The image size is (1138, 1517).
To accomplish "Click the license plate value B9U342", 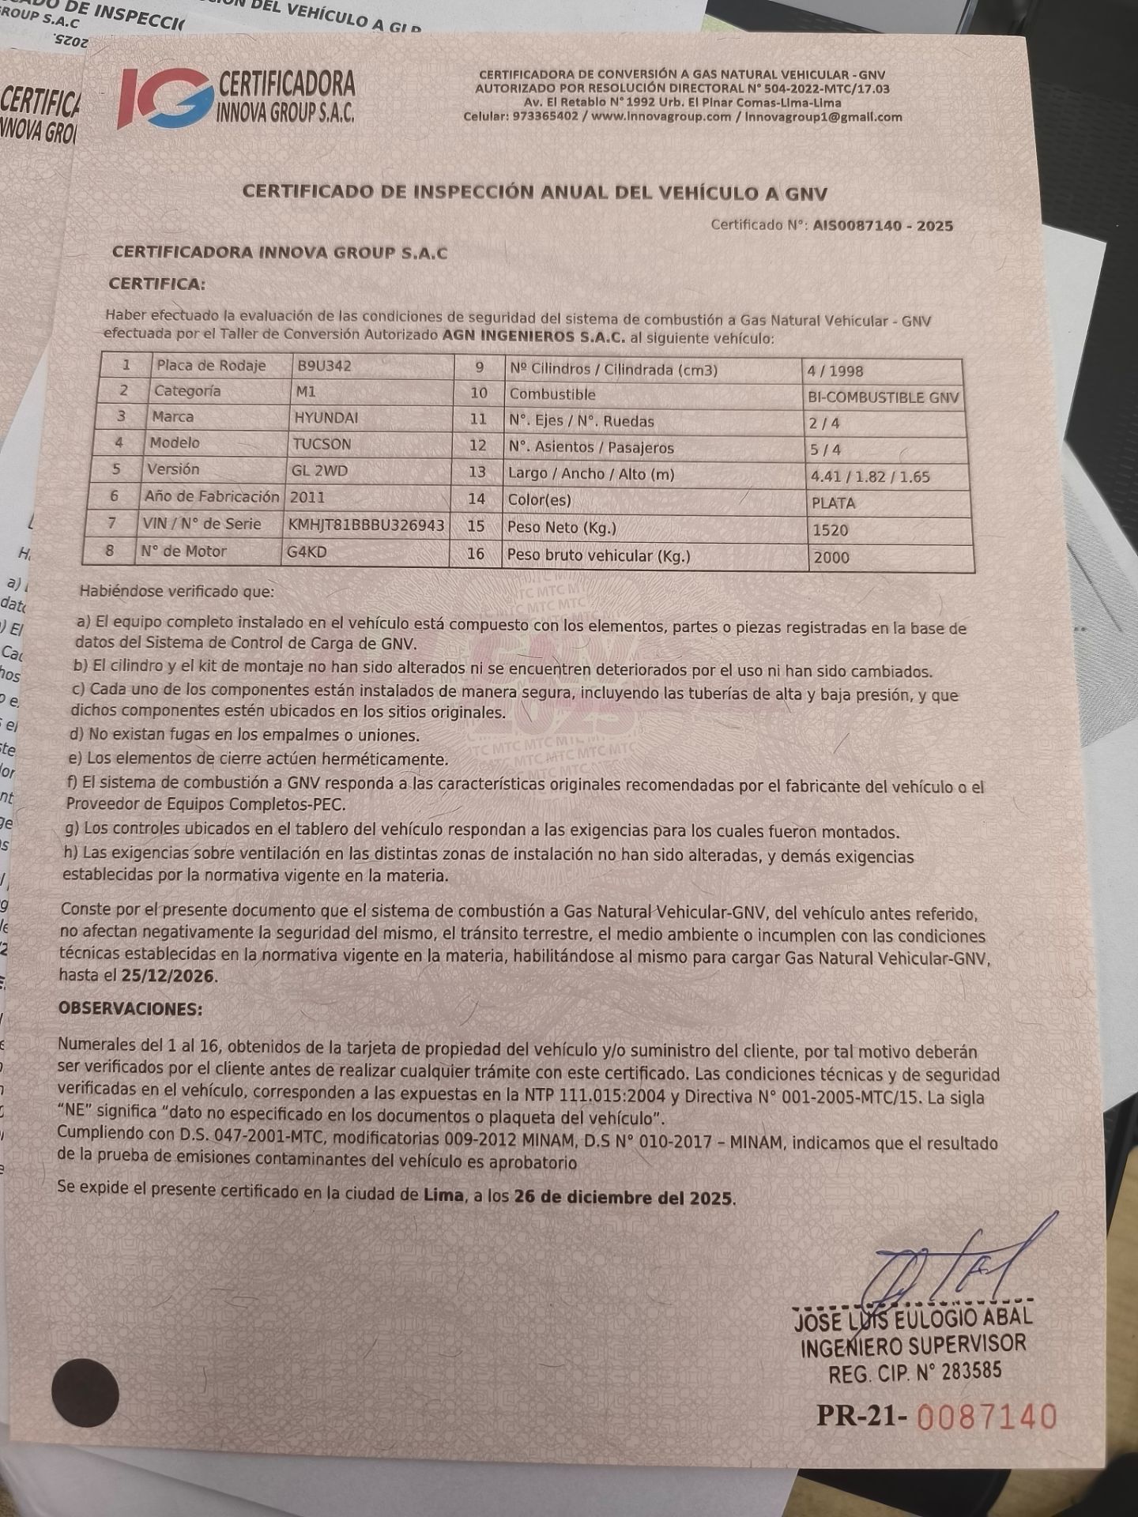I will (x=325, y=366).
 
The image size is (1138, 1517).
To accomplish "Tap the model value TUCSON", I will (x=322, y=444).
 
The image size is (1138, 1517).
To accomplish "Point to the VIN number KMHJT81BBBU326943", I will (x=367, y=525).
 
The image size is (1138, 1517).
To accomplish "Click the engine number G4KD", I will (x=307, y=551).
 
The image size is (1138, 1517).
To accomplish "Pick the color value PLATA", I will (x=833, y=503).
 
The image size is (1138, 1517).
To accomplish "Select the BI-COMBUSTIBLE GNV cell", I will (x=883, y=397).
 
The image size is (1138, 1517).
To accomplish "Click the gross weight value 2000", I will (x=831, y=558).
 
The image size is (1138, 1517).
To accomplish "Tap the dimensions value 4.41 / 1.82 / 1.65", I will (x=870, y=477).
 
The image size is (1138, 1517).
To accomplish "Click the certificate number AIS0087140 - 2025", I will (x=883, y=226).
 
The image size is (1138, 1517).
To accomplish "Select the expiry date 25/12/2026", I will (x=168, y=976).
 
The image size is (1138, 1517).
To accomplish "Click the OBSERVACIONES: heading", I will (x=130, y=1009).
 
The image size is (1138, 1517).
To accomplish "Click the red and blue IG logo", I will (x=164, y=98).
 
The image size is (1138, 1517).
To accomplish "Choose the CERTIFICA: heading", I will (x=156, y=284).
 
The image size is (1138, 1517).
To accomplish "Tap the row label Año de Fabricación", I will (x=212, y=497).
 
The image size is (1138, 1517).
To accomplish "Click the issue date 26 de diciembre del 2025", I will (x=624, y=1197).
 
